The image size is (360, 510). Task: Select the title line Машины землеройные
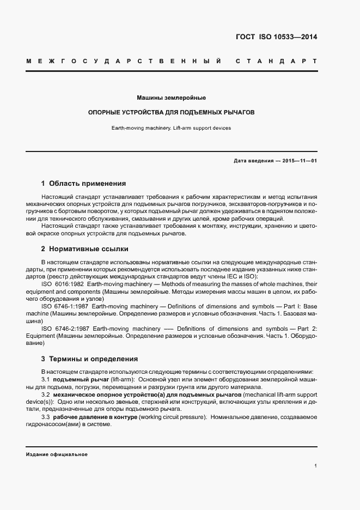[x=171, y=98]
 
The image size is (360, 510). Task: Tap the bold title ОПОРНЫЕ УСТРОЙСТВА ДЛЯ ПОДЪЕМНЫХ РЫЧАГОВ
[x=172, y=112]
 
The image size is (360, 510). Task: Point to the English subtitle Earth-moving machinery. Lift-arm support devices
[x=171, y=128]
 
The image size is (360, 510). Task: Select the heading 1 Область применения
[x=83, y=184]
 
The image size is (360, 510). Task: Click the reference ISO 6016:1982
[x=62, y=284]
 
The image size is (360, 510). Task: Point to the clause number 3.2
[x=46, y=394]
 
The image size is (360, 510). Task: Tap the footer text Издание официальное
[x=57, y=454]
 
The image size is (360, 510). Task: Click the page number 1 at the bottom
[x=315, y=466]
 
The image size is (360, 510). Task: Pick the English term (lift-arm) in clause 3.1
[x=120, y=379]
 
